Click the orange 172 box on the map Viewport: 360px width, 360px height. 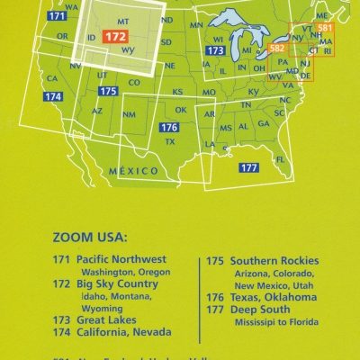tap(115, 36)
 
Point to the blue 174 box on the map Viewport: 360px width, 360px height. tap(53, 95)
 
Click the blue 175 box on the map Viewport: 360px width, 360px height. tap(108, 92)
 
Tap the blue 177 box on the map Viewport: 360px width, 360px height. tap(249, 168)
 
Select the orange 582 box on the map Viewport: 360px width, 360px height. tap(277, 48)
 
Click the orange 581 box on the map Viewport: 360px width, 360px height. tap(326, 29)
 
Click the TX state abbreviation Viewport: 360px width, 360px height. tap(169, 142)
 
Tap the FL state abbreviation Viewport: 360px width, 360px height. tap(281, 159)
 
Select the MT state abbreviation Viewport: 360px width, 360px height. tap(124, 19)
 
